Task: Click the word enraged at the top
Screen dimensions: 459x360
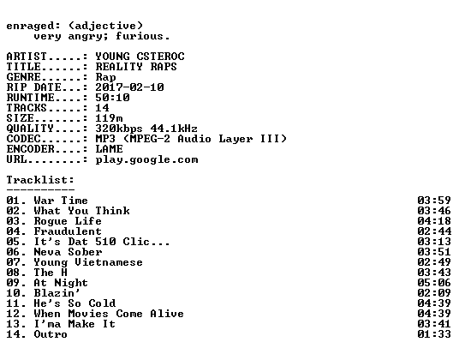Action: (x=30, y=27)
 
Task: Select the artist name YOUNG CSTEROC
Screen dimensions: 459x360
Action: (x=140, y=57)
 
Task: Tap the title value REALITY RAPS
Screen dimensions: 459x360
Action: (x=136, y=67)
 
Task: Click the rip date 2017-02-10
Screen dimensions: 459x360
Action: (x=129, y=87)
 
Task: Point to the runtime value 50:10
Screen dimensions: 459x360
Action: (x=112, y=98)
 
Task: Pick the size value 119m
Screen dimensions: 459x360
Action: (x=110, y=118)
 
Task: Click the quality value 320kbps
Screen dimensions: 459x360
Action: (x=119, y=129)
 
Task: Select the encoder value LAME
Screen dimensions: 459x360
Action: (x=110, y=149)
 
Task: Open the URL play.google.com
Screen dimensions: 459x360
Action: (x=146, y=160)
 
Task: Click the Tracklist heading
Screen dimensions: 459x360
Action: (x=40, y=180)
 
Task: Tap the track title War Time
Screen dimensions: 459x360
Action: (x=61, y=201)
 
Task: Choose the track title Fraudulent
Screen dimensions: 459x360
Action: (x=68, y=231)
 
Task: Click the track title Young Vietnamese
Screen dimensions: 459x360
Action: (x=88, y=262)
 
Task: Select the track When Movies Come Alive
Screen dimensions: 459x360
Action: (x=109, y=314)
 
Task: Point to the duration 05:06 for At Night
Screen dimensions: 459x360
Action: (x=434, y=283)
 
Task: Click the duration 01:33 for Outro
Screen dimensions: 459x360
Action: (x=434, y=334)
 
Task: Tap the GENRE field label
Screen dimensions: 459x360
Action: (x=23, y=77)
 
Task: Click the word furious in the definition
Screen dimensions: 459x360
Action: (x=140, y=36)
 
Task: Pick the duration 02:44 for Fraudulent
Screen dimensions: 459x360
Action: (x=434, y=231)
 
